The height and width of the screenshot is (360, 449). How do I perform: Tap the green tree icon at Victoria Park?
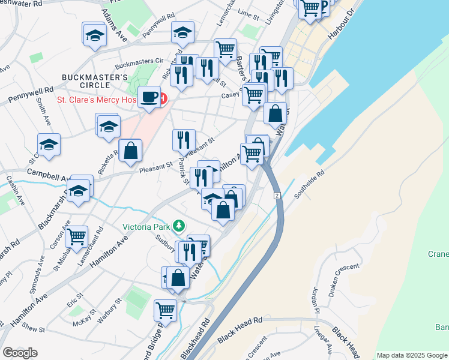(178, 226)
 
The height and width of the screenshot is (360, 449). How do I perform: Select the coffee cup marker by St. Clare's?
(149, 97)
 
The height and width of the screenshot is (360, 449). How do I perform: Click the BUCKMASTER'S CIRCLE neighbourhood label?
(95, 82)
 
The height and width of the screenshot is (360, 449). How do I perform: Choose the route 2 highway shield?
(277, 196)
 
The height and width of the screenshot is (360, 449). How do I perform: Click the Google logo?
(20, 353)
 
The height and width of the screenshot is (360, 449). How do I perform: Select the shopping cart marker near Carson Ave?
(77, 238)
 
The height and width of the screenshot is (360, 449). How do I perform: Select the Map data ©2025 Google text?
(411, 355)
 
